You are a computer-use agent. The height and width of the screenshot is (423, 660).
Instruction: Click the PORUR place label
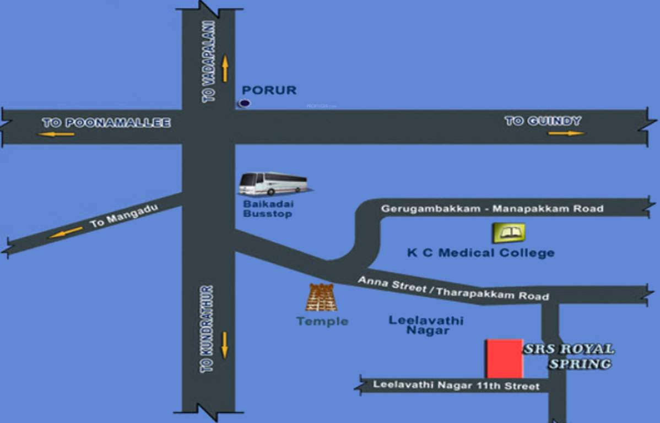click(269, 90)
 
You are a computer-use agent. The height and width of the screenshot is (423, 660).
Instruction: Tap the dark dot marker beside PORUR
click(244, 103)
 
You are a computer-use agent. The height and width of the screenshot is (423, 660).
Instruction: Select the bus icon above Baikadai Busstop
click(273, 183)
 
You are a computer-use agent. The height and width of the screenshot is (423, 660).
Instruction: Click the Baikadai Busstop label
click(268, 209)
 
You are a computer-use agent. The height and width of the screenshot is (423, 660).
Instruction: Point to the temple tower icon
click(321, 298)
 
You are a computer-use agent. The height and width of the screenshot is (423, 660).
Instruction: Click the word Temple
click(322, 321)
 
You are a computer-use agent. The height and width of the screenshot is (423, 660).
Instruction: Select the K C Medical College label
click(480, 253)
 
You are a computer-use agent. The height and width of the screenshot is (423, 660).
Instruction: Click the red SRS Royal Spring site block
click(504, 359)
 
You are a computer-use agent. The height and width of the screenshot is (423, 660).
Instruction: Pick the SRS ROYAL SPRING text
click(569, 356)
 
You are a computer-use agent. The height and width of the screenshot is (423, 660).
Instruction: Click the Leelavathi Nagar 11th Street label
click(456, 386)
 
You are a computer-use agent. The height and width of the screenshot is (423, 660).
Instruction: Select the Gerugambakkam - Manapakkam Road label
click(492, 209)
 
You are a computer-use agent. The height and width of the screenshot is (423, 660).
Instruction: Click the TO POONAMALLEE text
click(106, 123)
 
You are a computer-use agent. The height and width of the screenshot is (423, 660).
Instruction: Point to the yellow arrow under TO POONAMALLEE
click(56, 134)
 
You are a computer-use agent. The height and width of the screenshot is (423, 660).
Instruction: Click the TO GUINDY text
click(543, 121)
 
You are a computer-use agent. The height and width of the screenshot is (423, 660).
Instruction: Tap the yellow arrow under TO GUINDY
click(566, 133)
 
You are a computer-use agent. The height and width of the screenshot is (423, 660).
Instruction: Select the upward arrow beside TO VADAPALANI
click(225, 69)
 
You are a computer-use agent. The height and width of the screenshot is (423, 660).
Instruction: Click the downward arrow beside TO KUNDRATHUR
click(224, 345)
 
